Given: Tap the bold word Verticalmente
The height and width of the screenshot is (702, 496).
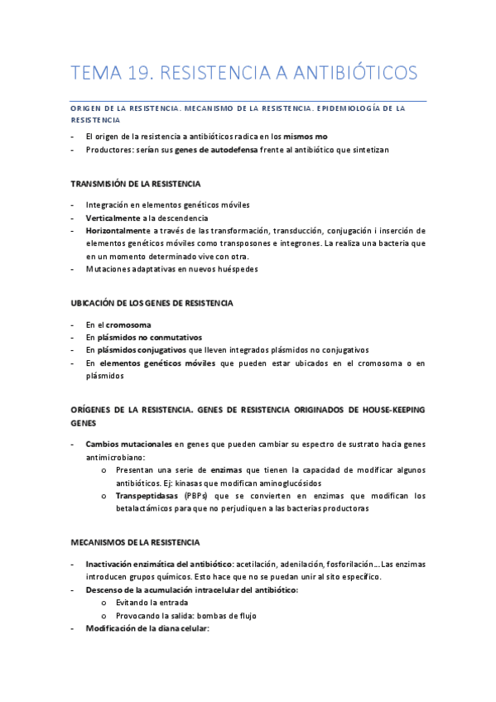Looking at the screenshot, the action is (114, 218).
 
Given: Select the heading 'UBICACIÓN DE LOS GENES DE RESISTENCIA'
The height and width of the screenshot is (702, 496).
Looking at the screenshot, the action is (152, 303).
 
